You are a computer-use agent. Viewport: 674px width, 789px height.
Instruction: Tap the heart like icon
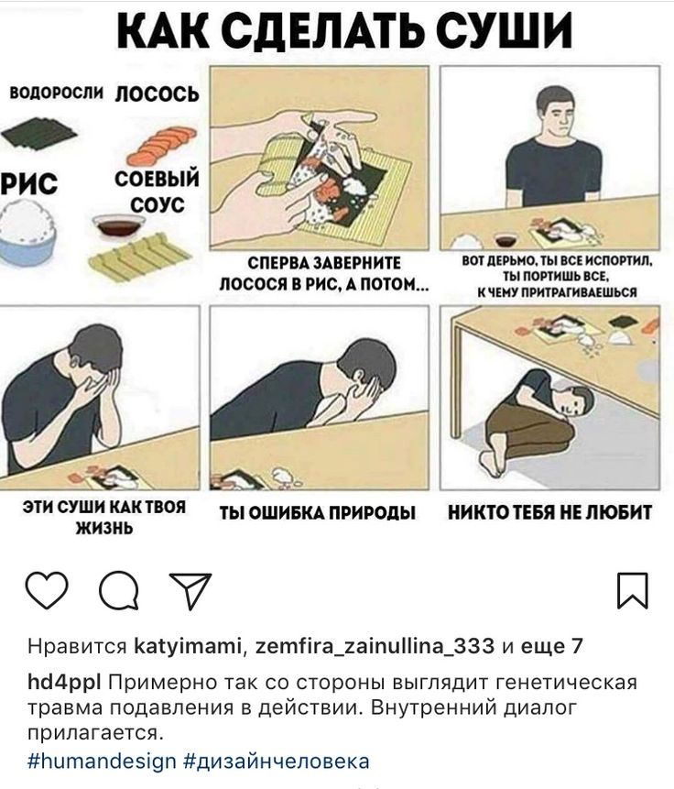pos(47,590)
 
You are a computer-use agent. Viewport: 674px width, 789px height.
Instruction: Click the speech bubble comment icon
pos(119,590)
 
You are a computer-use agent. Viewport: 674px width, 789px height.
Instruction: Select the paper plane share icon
pos(190,590)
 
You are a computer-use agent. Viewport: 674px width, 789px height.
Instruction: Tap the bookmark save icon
pos(632,590)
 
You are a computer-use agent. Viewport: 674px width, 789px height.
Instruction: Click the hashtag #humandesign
pos(102,761)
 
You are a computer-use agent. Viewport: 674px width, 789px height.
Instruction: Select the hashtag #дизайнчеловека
pos(277,761)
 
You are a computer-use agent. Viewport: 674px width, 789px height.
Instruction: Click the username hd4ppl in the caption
pos(64,683)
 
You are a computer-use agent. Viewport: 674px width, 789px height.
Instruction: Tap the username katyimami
pos(188,646)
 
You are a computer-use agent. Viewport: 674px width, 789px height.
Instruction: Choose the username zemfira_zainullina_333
pos(375,646)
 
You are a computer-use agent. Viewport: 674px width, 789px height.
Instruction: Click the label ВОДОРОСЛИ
pos(57,93)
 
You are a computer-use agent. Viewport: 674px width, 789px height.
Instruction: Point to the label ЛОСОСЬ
pos(158,94)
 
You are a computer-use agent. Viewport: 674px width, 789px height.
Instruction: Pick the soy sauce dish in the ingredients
pos(119,225)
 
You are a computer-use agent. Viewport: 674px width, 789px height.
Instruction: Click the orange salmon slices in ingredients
pos(161,145)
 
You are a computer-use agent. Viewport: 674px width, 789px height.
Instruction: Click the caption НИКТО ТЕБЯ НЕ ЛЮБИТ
pos(549,512)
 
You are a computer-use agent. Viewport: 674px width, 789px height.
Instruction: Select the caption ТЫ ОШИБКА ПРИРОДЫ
pos(318,513)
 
